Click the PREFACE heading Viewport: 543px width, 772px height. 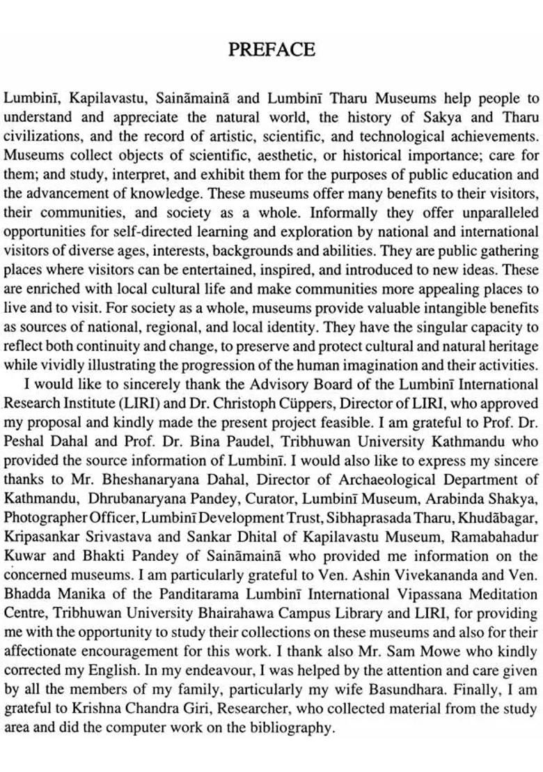click(271, 49)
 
